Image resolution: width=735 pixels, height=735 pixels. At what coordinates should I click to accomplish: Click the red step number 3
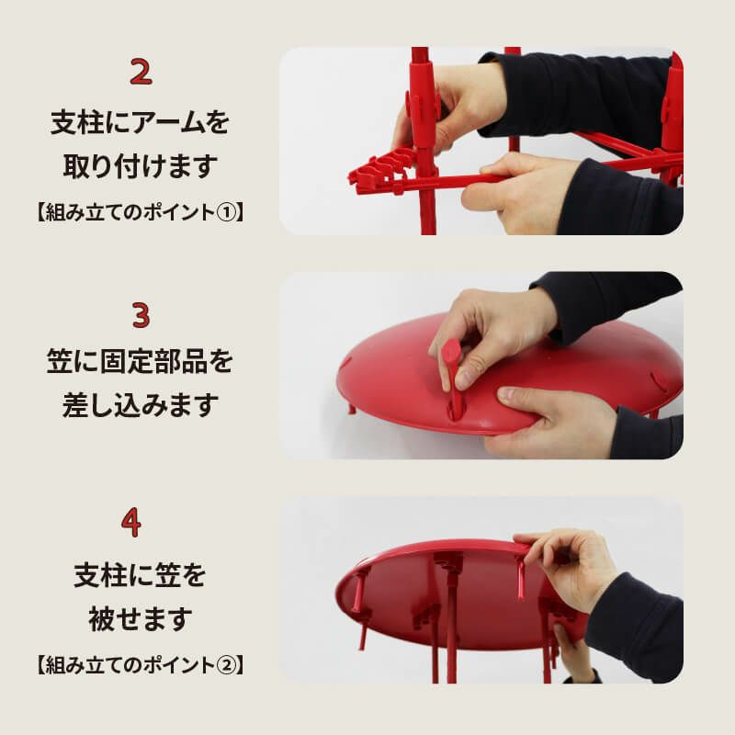[141, 315]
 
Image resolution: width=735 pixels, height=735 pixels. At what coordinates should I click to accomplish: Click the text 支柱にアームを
[140, 122]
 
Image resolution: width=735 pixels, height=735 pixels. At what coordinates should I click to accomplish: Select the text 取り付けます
[140, 166]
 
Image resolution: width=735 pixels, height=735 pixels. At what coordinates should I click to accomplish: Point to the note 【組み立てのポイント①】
[140, 212]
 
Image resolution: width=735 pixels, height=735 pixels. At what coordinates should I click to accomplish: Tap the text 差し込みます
[140, 406]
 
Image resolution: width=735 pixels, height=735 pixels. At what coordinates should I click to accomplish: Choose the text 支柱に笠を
[140, 576]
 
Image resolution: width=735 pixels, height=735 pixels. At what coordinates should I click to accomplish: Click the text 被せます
[140, 619]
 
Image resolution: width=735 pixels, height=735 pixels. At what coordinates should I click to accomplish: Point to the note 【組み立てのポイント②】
[140, 664]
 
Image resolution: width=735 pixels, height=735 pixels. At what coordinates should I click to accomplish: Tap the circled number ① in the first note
[231, 212]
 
